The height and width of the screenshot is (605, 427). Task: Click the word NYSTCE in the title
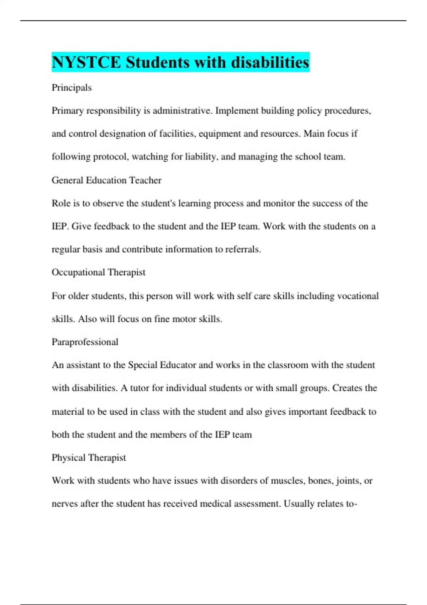coord(86,62)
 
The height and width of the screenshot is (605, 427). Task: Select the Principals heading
coord(72,88)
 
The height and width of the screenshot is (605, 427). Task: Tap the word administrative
coord(182,111)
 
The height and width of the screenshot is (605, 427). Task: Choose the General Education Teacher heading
coord(106,180)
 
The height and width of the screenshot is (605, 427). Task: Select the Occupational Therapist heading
coord(99,272)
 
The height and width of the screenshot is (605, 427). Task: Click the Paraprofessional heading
coord(85,342)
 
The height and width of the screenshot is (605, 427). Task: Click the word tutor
coord(140,388)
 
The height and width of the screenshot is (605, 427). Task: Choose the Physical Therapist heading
coord(89,458)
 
